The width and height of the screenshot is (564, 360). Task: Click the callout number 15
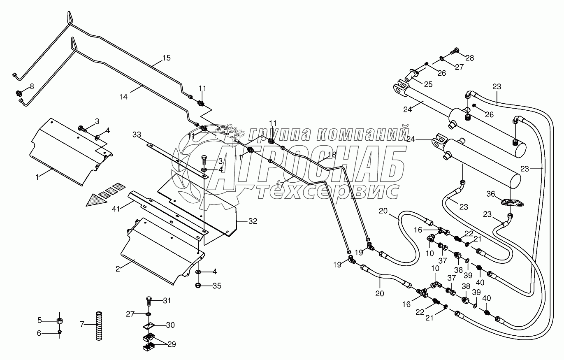(x=166, y=58)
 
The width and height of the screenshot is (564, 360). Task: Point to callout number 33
(x=137, y=134)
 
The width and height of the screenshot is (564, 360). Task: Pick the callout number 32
(x=253, y=221)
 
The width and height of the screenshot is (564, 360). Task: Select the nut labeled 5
(x=60, y=321)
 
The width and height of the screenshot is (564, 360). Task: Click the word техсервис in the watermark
(x=328, y=190)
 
